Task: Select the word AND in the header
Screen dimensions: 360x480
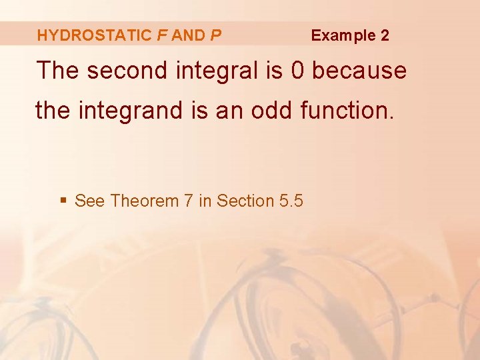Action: pyautogui.click(x=188, y=35)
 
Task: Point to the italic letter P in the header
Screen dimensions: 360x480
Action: pyautogui.click(x=215, y=35)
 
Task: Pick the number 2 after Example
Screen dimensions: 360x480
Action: pyautogui.click(x=385, y=35)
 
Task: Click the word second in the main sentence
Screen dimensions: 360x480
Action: pyautogui.click(x=127, y=70)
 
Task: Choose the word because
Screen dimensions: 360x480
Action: pyautogui.click(x=361, y=70)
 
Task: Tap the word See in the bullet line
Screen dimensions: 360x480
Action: pyautogui.click(x=90, y=201)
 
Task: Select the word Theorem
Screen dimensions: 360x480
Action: pyautogui.click(x=145, y=201)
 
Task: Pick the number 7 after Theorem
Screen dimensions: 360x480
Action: pyautogui.click(x=188, y=201)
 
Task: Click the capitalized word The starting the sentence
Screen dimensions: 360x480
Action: pyautogui.click(x=58, y=70)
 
